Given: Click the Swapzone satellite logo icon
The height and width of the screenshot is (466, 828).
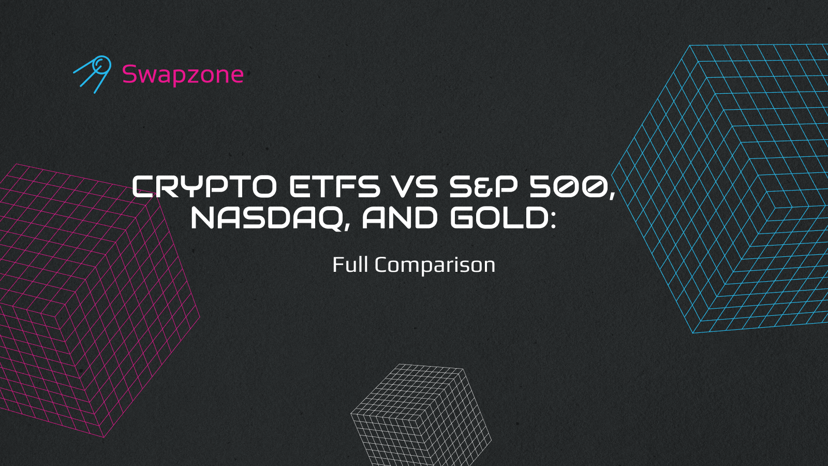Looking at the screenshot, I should coord(94,74).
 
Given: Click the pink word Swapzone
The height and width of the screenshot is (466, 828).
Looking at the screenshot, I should coord(183,75).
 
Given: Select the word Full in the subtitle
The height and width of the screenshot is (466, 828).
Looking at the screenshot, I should coord(350,265).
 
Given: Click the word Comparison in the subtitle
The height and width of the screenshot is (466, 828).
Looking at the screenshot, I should coord(435,266).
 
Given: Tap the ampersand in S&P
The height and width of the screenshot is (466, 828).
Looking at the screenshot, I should coord(483,187).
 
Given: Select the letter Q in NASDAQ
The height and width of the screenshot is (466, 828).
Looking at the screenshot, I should coord(329,218).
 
